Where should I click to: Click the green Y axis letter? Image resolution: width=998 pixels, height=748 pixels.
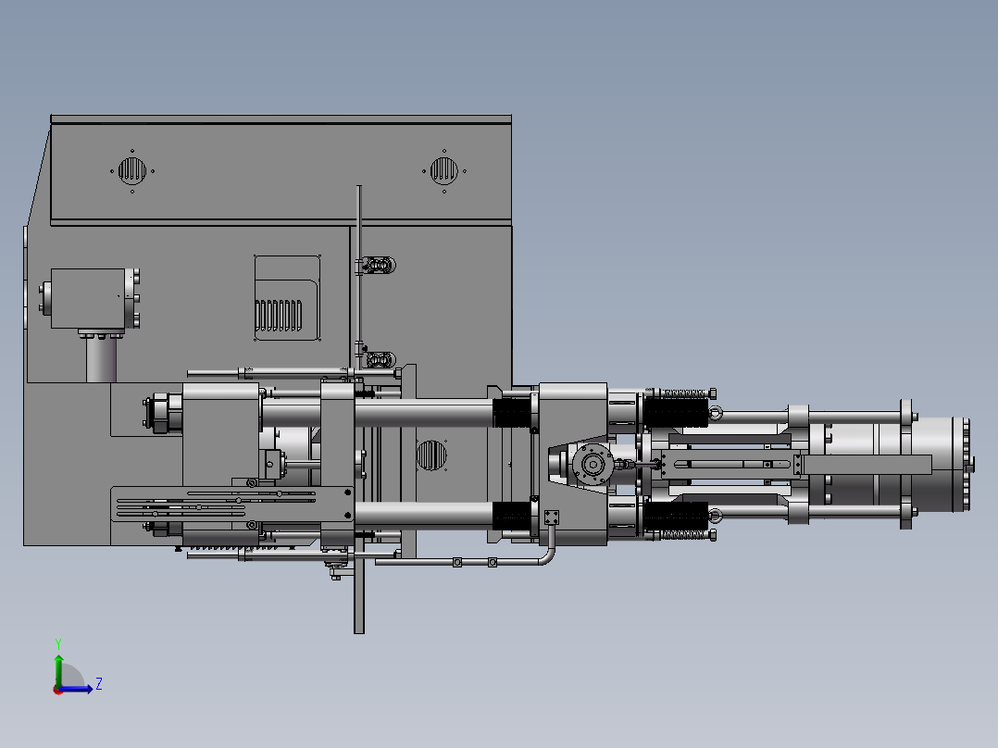(x=58, y=643)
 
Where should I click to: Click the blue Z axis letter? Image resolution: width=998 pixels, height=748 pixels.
(x=99, y=684)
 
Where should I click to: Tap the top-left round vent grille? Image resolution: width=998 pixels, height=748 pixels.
(x=132, y=170)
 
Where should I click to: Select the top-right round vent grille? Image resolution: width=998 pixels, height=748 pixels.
(x=443, y=170)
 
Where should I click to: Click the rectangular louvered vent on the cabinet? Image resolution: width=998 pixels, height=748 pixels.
(x=287, y=298)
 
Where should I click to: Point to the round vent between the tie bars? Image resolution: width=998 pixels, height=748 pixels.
(x=431, y=455)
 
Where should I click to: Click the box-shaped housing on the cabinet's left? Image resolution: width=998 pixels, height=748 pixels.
(x=88, y=299)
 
